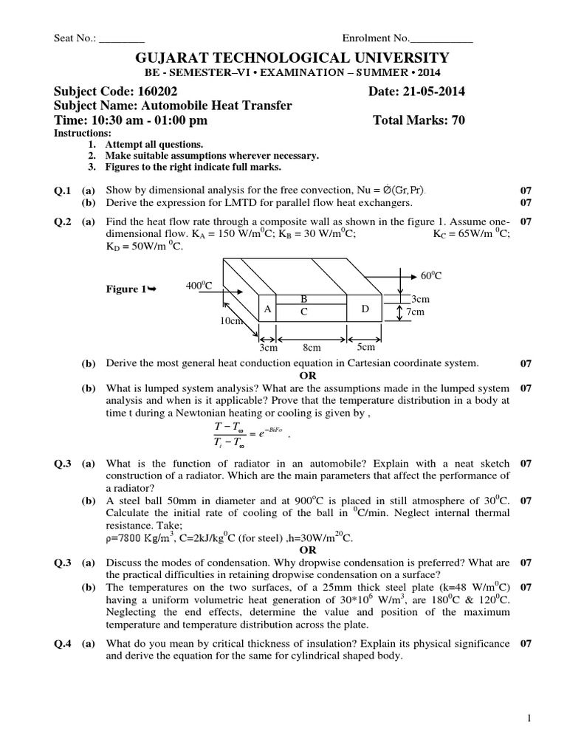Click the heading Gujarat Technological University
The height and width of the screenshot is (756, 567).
point(283,58)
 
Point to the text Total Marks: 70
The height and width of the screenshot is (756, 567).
point(419,121)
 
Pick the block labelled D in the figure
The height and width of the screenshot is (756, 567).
point(365,309)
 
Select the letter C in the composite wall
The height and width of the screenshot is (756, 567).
point(303,312)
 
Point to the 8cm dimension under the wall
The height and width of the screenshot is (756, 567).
point(312,347)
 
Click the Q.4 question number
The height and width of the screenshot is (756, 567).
point(63,644)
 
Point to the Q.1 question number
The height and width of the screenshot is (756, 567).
point(63,190)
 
